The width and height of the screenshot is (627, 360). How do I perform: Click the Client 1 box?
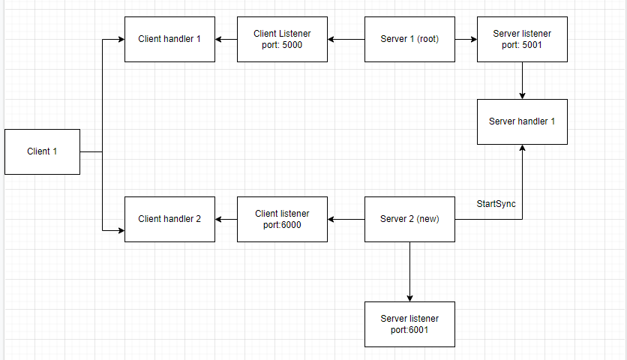(42, 151)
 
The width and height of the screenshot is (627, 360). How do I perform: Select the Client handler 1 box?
(169, 39)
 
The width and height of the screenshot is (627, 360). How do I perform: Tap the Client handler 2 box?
(169, 219)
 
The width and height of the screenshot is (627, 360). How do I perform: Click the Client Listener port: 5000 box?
(282, 39)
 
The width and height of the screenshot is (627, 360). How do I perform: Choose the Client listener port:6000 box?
(282, 219)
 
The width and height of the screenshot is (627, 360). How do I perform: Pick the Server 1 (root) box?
(409, 39)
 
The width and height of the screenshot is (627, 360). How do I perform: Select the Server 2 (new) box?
(409, 219)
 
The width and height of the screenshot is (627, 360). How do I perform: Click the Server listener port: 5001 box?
(522, 39)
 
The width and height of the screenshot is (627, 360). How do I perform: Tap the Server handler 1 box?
(522, 121)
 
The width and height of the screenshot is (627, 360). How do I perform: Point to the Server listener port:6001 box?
(409, 324)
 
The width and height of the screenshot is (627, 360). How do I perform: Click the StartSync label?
(496, 204)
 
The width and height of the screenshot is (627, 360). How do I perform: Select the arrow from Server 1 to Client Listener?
(346, 39)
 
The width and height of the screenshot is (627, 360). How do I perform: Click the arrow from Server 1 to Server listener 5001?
(466, 39)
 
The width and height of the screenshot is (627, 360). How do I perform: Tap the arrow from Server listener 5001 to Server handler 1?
(522, 80)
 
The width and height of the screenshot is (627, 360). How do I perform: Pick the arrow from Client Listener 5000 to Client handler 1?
(226, 39)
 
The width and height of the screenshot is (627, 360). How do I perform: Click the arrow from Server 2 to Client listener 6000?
(346, 219)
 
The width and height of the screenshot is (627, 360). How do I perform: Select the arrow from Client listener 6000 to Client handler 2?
(226, 219)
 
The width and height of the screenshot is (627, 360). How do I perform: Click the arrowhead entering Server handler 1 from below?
(522, 149)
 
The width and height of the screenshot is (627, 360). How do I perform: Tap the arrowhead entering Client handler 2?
(120, 230)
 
